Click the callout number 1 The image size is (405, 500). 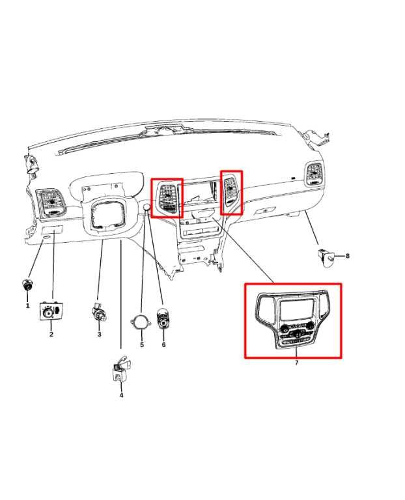coord(27,305)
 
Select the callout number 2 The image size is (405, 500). coord(51,335)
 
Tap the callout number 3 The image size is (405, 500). coord(99,335)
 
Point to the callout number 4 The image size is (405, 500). coord(121,395)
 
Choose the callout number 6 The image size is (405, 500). coord(163,344)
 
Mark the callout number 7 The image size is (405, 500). coord(296,363)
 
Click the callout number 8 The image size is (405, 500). coord(348,256)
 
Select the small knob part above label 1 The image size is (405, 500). coord(27,285)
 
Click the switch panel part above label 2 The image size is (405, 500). coord(51,312)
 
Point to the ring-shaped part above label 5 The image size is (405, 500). coord(141,324)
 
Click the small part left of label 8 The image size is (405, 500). coord(325,256)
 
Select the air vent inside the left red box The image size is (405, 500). coord(167,197)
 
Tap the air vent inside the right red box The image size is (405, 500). coord(231,191)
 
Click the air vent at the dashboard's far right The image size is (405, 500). coord(314,174)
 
